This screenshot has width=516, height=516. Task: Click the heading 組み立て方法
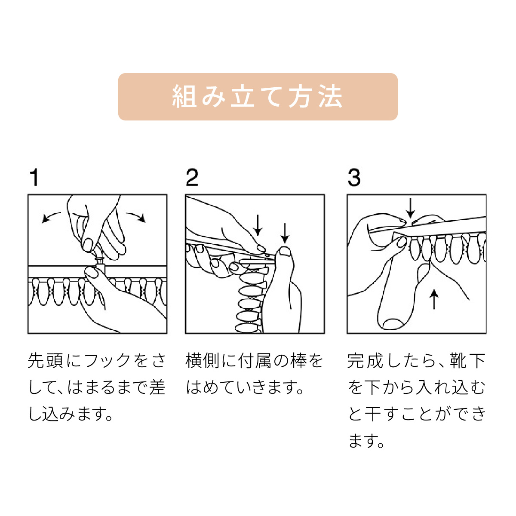[x=257, y=97]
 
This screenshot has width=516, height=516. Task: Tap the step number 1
[x=35, y=177]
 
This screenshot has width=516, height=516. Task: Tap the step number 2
[x=192, y=177]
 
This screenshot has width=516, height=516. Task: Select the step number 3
[x=354, y=177]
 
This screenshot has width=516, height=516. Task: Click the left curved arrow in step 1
[x=51, y=216]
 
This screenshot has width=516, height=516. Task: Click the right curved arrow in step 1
[x=136, y=216]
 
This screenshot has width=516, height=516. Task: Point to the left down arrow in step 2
[x=258, y=225]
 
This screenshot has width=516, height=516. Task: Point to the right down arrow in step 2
[x=285, y=233]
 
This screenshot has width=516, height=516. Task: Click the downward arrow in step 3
[x=410, y=208]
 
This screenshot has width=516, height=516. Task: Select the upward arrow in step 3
[x=434, y=300]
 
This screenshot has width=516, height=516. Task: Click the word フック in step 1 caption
[x=107, y=360]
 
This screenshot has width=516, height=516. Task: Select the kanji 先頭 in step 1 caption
[x=45, y=360]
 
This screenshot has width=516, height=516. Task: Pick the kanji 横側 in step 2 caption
[x=203, y=360]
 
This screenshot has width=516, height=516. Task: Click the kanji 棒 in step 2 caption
[x=298, y=360]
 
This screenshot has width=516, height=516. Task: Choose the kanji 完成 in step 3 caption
[x=365, y=360]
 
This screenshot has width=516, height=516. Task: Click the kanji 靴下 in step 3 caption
[x=468, y=360]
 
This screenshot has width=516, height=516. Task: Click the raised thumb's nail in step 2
[x=285, y=251]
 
